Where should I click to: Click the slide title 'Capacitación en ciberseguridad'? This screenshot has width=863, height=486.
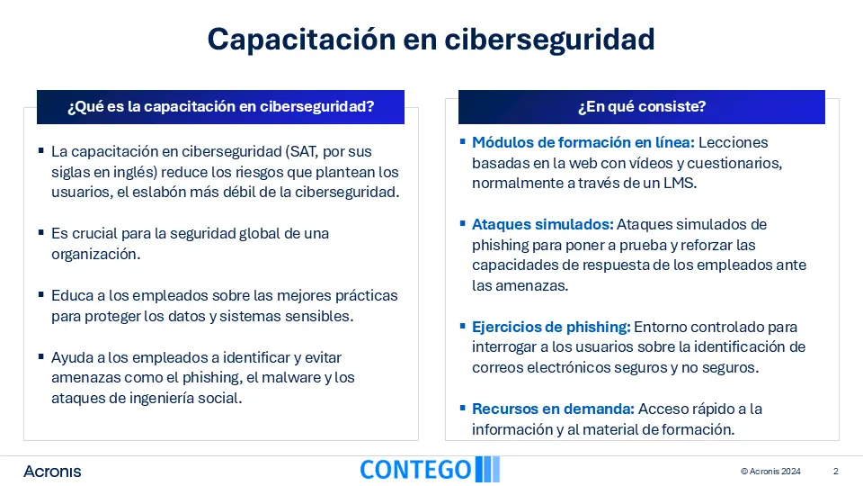point(431,40)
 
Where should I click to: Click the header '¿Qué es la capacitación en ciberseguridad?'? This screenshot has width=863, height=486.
point(221,106)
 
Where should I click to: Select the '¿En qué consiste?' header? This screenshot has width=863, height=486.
point(642,106)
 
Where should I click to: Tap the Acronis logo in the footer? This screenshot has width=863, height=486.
point(52,472)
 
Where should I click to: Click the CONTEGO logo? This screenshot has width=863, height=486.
point(430,470)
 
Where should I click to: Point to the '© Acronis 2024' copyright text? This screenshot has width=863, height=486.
point(770,471)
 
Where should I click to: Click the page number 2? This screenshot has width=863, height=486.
point(835,471)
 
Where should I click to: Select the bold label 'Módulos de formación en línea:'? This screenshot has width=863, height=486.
point(583,143)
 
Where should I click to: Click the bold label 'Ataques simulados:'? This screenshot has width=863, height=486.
point(543,225)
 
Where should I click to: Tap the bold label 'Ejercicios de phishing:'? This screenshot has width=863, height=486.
point(551,328)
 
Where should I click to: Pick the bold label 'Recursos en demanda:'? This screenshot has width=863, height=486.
point(553,409)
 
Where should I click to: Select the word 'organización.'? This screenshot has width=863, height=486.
point(96,254)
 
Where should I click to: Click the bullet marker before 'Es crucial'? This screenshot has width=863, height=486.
point(41,232)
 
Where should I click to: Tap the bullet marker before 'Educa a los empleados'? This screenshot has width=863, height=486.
point(41,295)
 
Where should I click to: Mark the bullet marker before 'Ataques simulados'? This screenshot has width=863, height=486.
point(463,224)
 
